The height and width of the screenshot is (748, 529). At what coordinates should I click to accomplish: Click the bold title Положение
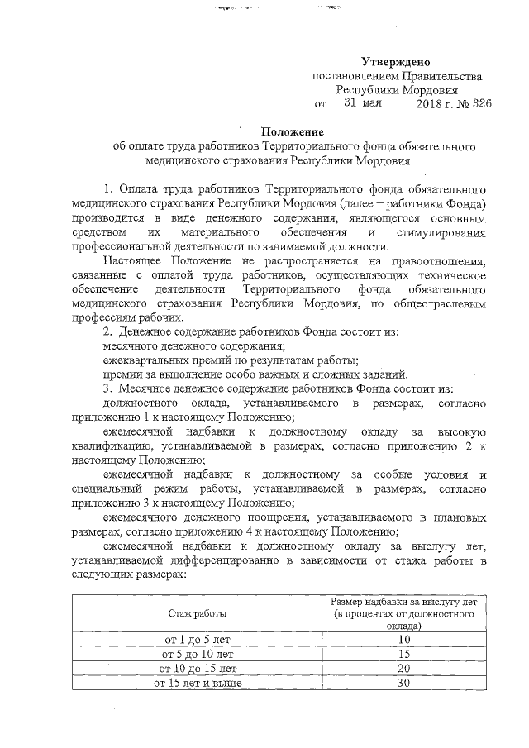click(x=293, y=131)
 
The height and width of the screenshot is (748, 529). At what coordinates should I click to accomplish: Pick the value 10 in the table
click(x=403, y=639)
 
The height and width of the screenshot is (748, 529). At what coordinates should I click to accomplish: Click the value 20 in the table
click(x=403, y=668)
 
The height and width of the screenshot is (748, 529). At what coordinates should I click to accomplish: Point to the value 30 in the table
click(x=403, y=683)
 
